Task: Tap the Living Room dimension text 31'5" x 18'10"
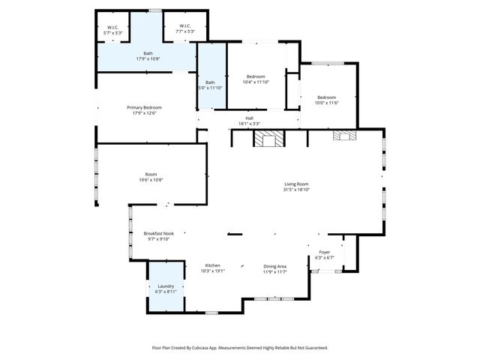[x=296, y=190]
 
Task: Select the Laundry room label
[x=166, y=286]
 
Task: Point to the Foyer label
[x=324, y=252]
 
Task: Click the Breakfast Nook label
[x=158, y=233]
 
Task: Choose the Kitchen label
[x=213, y=265]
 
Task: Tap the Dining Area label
[x=274, y=265]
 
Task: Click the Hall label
[x=249, y=118]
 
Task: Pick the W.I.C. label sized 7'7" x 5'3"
[x=184, y=26]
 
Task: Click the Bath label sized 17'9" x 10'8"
[x=148, y=53]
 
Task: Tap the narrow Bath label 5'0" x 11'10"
[x=211, y=82]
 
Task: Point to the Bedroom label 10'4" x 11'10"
[x=256, y=76]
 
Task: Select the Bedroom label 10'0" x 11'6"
[x=326, y=97]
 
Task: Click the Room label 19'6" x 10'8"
[x=151, y=174]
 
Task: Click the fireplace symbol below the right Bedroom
[x=346, y=136]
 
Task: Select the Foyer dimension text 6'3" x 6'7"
[x=324, y=258]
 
